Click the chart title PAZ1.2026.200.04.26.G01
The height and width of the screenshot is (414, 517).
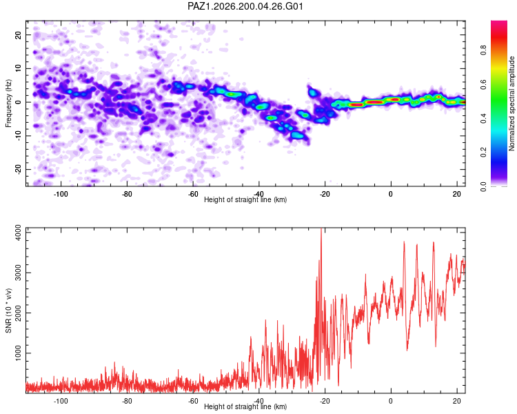[x=245, y=6]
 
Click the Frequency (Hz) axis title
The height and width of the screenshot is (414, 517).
[x=8, y=103]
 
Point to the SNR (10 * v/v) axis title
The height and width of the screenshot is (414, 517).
[x=8, y=310]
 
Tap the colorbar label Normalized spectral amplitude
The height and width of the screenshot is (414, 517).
[x=511, y=103]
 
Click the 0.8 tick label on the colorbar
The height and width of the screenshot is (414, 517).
[x=483, y=50]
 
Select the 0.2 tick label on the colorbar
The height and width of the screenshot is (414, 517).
[x=483, y=152]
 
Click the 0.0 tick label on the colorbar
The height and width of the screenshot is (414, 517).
[x=483, y=186]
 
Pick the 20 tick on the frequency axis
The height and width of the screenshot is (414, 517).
[x=19, y=34]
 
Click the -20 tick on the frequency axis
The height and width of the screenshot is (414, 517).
[x=19, y=169]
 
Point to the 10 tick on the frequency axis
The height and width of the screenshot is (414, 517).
[x=19, y=68]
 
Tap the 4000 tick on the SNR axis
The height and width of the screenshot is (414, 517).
[x=19, y=233]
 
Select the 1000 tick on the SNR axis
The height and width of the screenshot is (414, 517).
[x=19, y=353]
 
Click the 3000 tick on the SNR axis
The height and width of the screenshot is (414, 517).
[x=19, y=273]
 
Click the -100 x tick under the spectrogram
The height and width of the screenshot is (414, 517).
[x=61, y=194]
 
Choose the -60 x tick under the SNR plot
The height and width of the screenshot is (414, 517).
[x=193, y=401]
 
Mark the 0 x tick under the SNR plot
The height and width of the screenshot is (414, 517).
[x=391, y=401]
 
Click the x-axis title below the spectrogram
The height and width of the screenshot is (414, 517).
[x=245, y=199]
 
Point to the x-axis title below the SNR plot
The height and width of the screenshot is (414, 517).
[x=245, y=406]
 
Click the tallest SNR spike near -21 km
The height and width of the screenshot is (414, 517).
[x=321, y=228]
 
